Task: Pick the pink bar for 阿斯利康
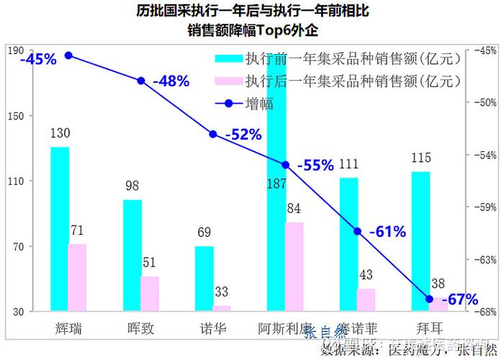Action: click(294, 266)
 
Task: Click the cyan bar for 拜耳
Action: click(420, 241)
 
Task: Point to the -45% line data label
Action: click(38, 60)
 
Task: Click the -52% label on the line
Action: click(243, 135)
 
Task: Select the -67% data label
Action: click(459, 300)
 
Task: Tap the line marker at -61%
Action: click(357, 231)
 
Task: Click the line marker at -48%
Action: click(141, 81)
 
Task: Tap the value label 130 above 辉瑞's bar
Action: click(60, 134)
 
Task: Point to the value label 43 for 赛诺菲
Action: click(366, 275)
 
